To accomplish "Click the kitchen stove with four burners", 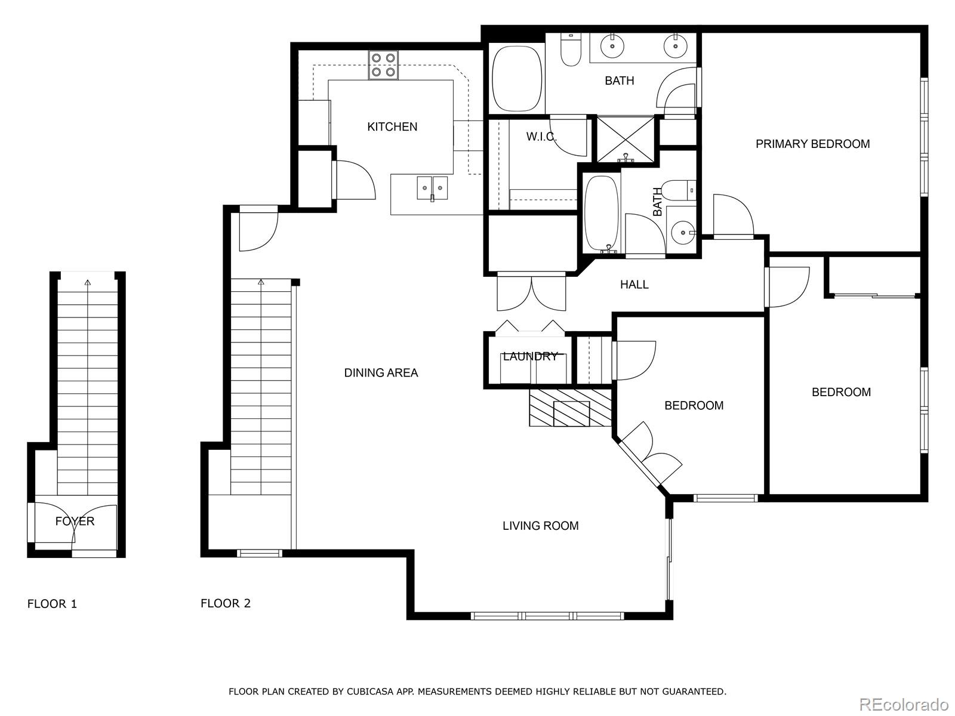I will click(383, 65).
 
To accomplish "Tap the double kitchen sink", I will click(432, 188).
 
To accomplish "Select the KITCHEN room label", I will click(392, 126).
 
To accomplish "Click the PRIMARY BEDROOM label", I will click(812, 144).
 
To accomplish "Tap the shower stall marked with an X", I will click(625, 139).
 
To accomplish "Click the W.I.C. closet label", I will click(541, 137).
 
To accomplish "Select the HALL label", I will click(634, 285).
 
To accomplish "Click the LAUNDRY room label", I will click(530, 357).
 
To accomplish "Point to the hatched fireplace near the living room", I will click(570, 408).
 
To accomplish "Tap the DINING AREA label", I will click(381, 373).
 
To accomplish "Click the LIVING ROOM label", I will click(540, 526).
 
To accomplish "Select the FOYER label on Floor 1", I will click(75, 521).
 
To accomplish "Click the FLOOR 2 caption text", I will click(226, 603).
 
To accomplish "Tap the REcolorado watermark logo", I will click(904, 704).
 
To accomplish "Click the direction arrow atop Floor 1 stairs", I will click(88, 282).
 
